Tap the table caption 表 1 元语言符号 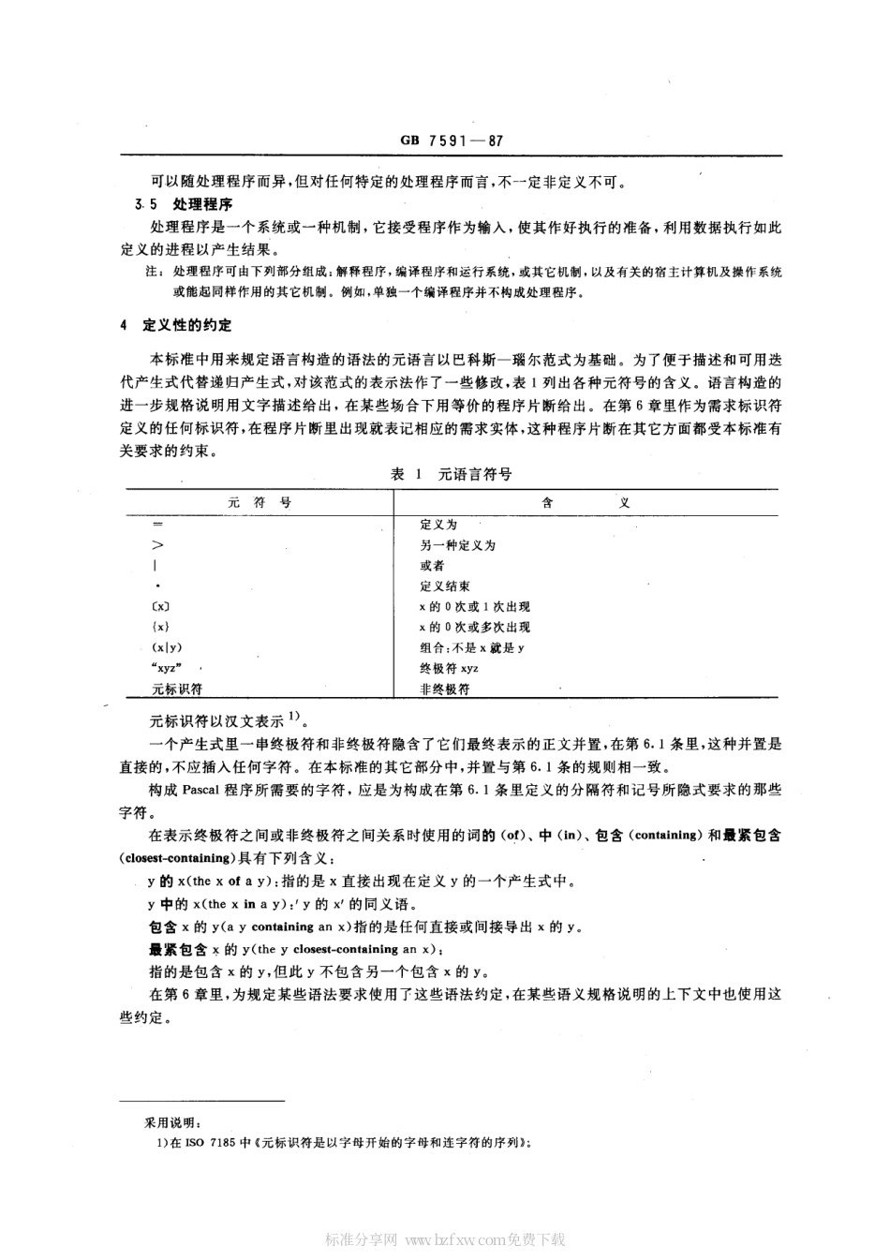[x=451, y=474]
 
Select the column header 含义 [x=586, y=502]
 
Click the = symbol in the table [x=157, y=525]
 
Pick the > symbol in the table [x=157, y=545]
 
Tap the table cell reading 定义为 [x=438, y=525]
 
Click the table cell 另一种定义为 [x=457, y=545]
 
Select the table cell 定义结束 [x=445, y=586]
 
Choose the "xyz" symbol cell [x=166, y=669]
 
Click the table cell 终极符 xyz [x=450, y=669]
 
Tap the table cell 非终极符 [x=445, y=689]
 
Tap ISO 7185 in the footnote [x=212, y=1142]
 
